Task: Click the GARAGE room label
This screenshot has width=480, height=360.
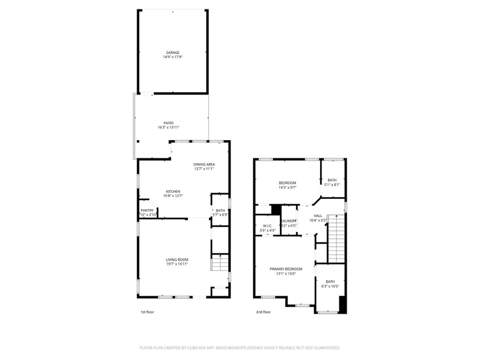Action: coord(172,52)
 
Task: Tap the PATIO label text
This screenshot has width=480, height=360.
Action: coord(169,123)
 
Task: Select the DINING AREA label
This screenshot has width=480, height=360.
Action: coord(204,164)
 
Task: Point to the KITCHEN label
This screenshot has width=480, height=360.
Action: coord(173,191)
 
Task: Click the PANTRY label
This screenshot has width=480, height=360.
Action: coord(147,211)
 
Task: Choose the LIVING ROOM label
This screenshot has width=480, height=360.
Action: coord(177,260)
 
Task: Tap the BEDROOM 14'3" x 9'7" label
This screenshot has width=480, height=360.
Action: coord(287,183)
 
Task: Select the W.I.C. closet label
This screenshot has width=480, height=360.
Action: coord(267,226)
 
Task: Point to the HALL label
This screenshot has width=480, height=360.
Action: coord(317,215)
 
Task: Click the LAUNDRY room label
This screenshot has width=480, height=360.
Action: coord(289,221)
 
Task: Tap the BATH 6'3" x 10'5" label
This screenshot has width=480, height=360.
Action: coord(331,282)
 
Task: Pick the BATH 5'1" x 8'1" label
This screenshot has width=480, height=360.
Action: coord(332,180)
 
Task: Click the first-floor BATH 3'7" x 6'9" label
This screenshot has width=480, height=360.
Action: coord(220,211)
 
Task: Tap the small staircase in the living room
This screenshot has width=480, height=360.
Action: coord(220,263)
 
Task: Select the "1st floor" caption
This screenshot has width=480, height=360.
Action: coord(147,312)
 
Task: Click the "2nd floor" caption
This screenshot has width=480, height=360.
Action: coord(263,312)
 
